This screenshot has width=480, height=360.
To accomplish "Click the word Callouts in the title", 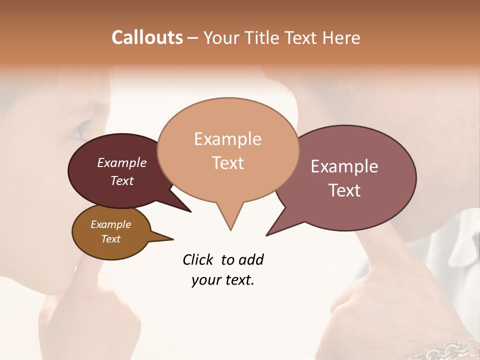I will pyautogui.click(x=147, y=37).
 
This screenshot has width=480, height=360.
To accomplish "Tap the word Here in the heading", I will pyautogui.click(x=341, y=37).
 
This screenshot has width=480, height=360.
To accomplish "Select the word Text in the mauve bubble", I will pyautogui.click(x=345, y=190).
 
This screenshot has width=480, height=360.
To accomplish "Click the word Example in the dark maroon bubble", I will pyautogui.click(x=121, y=163).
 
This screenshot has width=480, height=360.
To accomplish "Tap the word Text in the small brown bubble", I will pyautogui.click(x=110, y=239).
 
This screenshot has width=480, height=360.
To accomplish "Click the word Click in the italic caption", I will pyautogui.click(x=198, y=260).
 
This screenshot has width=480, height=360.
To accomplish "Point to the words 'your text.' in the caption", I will pyautogui.click(x=223, y=280).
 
